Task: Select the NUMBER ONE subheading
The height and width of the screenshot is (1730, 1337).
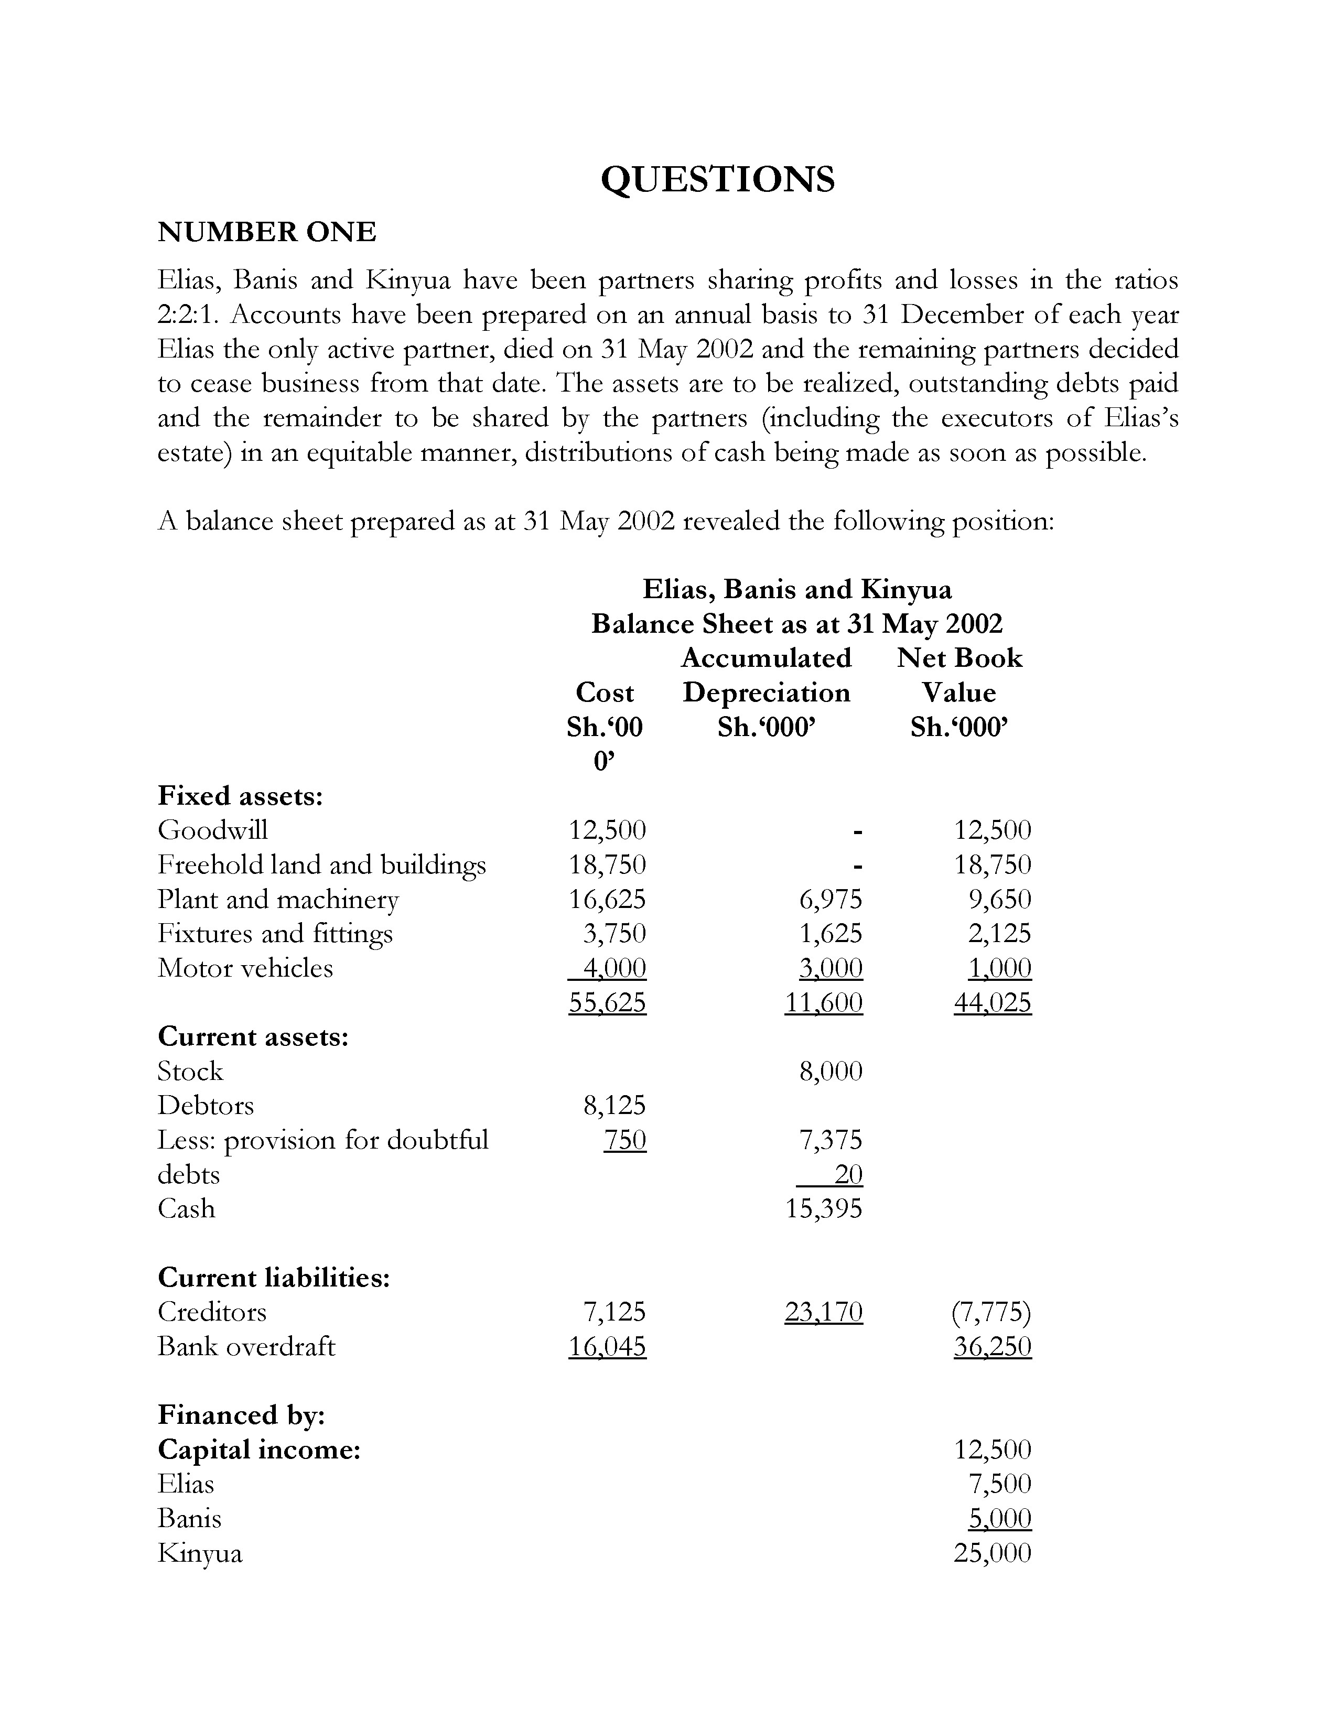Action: [x=267, y=232]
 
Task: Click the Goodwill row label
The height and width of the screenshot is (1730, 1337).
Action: [x=212, y=830]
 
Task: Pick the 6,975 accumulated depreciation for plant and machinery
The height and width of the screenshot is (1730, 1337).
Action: [x=830, y=899]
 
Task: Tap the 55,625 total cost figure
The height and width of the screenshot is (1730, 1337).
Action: [x=608, y=1003]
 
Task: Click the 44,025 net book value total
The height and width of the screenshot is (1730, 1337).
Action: [x=993, y=1003]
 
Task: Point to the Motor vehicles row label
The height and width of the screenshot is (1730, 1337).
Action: [x=245, y=968]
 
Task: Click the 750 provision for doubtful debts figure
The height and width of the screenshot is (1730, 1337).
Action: [x=625, y=1141]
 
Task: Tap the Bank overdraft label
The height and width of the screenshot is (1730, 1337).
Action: [x=246, y=1347]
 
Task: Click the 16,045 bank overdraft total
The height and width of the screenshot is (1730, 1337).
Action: [x=608, y=1347]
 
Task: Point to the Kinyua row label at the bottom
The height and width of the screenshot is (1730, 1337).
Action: [x=200, y=1553]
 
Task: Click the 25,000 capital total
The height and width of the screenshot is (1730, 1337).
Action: [x=993, y=1553]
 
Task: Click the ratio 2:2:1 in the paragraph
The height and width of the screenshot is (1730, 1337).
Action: [x=188, y=315]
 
